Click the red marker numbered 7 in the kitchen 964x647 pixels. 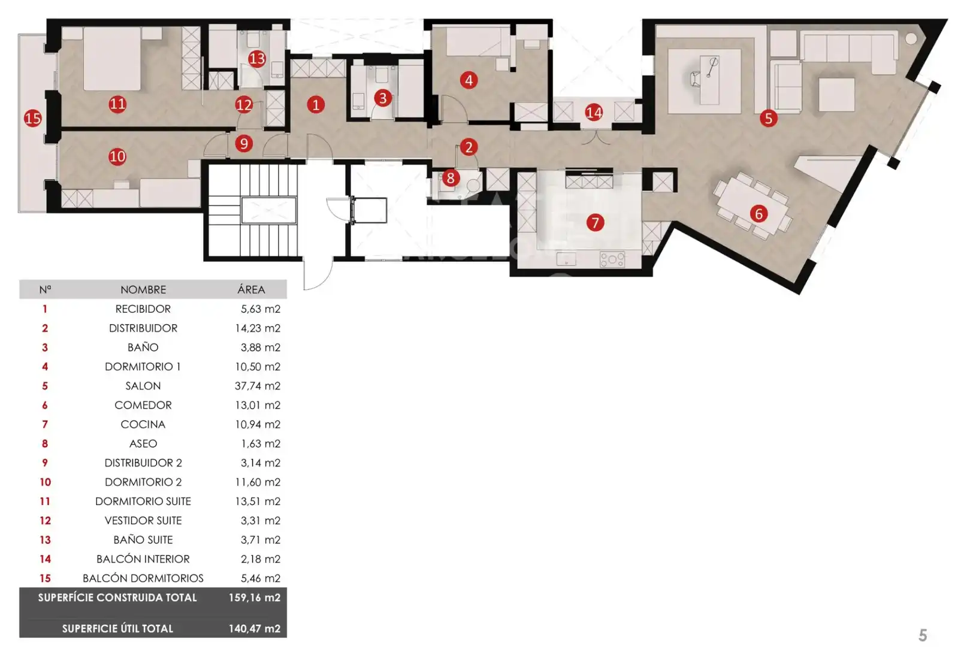click(x=595, y=222)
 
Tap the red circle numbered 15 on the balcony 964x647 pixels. click(x=33, y=118)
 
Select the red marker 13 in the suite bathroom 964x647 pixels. click(x=257, y=59)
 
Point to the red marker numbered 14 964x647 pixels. click(x=594, y=113)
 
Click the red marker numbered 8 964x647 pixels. click(x=451, y=178)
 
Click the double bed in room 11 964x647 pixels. click(x=112, y=59)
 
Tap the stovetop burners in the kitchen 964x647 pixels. click(x=612, y=259)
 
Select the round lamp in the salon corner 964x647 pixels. click(x=911, y=39)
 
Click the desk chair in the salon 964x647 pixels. click(x=696, y=78)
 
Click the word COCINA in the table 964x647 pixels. click(x=143, y=425)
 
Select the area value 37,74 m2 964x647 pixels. click(x=258, y=386)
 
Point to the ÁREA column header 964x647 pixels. click(x=251, y=289)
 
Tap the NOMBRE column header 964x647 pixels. click(x=143, y=289)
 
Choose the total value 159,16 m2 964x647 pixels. click(x=255, y=597)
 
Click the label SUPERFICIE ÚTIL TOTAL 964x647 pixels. click(x=117, y=628)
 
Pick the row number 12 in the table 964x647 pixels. click(x=45, y=521)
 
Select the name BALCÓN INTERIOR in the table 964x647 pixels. click(x=143, y=559)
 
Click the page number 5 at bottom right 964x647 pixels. click(x=923, y=635)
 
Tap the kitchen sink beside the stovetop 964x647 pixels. click(x=566, y=259)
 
